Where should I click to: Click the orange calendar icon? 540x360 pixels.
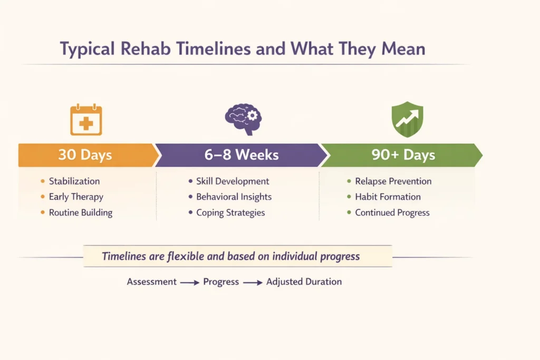pos(86,120)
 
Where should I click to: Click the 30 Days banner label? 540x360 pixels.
pos(85,155)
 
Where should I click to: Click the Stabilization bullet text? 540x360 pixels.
pos(74,181)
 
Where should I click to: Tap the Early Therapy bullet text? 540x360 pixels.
pos(76,197)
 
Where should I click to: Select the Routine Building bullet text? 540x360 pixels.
pos(81,213)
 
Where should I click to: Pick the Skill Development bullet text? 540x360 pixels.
pos(233,181)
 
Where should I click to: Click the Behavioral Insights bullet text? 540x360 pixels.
pos(234,197)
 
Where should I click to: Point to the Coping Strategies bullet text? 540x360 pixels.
pos(230,213)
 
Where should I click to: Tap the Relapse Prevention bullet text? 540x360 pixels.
pos(393,181)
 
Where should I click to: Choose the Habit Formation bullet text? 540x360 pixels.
pos(388,197)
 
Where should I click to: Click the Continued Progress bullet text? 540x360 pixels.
pos(392,213)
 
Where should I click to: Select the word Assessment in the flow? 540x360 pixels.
pos(151,281)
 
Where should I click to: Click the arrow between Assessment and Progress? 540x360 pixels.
pos(190,283)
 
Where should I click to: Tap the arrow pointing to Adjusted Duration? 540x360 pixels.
pos(253,283)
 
